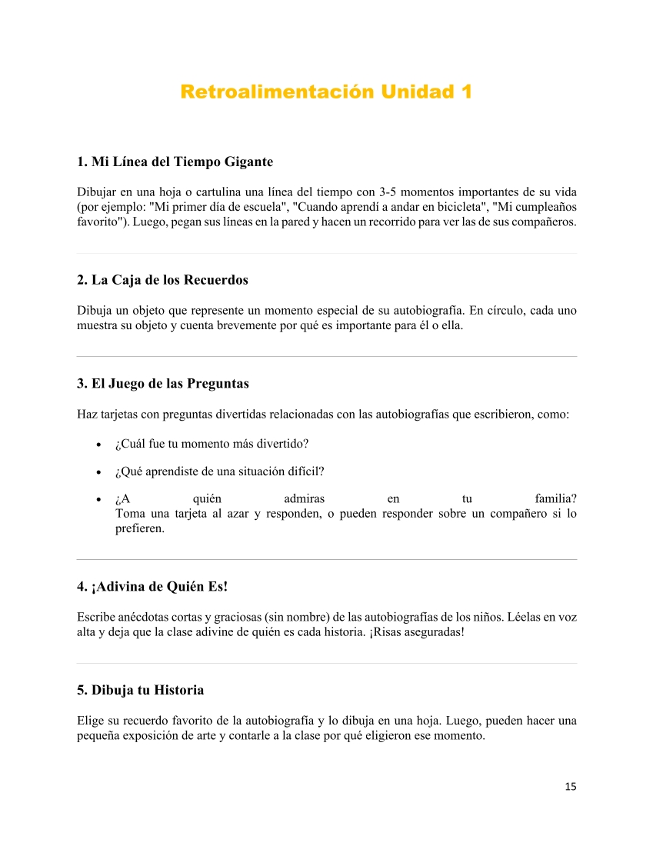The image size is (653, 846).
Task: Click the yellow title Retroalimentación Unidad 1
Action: (326, 92)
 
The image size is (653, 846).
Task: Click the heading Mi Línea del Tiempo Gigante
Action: (175, 162)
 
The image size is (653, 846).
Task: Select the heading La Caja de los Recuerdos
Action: (162, 280)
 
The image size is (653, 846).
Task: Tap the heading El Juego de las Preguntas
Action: (163, 383)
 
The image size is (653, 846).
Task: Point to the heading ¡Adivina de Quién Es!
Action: (152, 586)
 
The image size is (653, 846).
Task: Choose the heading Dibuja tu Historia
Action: (141, 690)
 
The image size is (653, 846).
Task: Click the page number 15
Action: (570, 786)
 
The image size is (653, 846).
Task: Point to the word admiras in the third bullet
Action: (304, 498)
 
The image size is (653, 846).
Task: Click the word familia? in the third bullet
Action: (555, 498)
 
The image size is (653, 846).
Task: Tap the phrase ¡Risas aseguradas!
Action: (416, 632)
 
